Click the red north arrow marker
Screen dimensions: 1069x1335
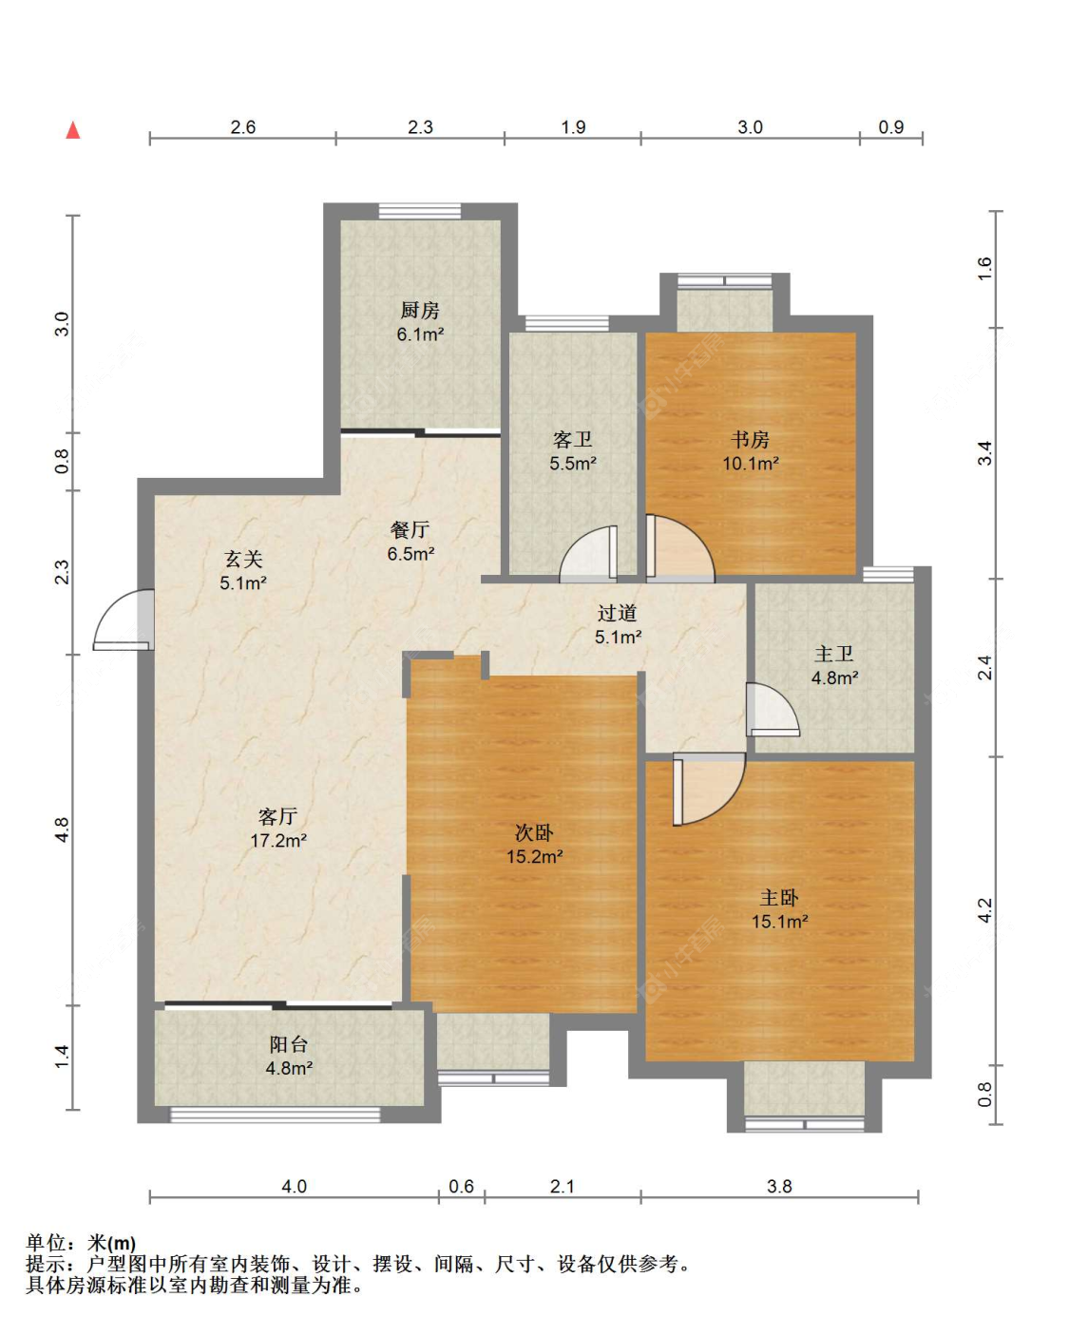pyautogui.click(x=73, y=130)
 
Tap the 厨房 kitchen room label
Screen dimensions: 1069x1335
pyautogui.click(x=420, y=310)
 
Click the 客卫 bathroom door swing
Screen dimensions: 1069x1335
pyautogui.click(x=589, y=554)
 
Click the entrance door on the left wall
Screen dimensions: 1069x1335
pyautogui.click(x=124, y=620)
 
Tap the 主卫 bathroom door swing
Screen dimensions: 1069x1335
pyautogui.click(x=773, y=709)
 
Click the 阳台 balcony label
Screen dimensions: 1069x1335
pyautogui.click(x=289, y=1044)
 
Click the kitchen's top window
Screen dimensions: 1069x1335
pyautogui.click(x=420, y=211)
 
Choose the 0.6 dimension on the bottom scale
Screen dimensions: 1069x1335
pyautogui.click(x=461, y=1186)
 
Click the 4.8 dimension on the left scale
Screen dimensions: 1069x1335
pyautogui.click(x=62, y=830)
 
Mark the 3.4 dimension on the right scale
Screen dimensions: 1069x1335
pyautogui.click(x=985, y=453)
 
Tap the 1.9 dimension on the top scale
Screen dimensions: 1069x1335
pyautogui.click(x=573, y=126)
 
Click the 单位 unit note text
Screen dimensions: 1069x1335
pyautogui.click(x=47, y=1243)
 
